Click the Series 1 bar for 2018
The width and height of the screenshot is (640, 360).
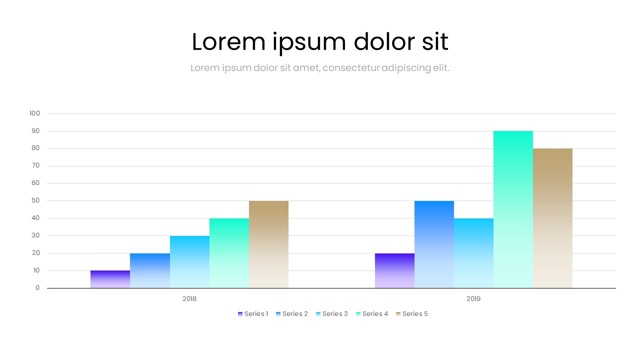[x=110, y=279]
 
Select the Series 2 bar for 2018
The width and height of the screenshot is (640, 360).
[x=150, y=270]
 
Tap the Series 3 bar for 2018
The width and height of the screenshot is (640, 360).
[x=189, y=261]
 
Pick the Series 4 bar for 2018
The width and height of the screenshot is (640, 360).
[x=229, y=253]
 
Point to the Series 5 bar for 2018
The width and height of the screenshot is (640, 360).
[x=268, y=244]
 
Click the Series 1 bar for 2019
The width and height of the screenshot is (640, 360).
[x=394, y=270]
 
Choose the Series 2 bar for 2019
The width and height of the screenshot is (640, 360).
[x=434, y=244]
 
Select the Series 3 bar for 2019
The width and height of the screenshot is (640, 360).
[x=473, y=253]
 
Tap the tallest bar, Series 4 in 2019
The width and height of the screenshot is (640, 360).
[x=513, y=209]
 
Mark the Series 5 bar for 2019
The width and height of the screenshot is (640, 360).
[x=552, y=218]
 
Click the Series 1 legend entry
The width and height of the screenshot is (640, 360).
[x=253, y=314]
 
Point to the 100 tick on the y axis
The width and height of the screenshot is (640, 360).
[x=34, y=113]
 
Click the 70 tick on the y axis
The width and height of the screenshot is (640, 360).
[x=35, y=166]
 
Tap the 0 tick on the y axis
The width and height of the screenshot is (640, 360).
[x=37, y=288]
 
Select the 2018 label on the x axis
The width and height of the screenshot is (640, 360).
[x=189, y=299]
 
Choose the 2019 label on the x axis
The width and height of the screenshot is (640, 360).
[x=473, y=299]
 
